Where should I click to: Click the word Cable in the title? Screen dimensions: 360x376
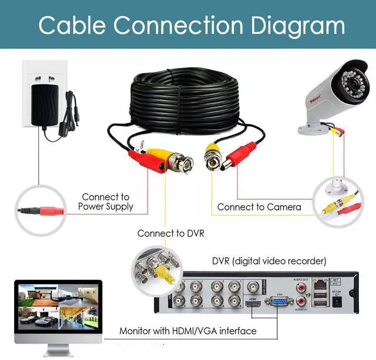click(73, 25)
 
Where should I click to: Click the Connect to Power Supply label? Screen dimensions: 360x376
click(106, 202)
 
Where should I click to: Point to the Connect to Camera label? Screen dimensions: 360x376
click(259, 207)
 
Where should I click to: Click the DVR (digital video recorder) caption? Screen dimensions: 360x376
click(268, 261)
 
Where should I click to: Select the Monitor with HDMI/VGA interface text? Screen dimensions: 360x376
click(188, 331)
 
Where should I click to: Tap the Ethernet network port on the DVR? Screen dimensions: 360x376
click(320, 284)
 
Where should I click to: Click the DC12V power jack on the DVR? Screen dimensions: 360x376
click(338, 301)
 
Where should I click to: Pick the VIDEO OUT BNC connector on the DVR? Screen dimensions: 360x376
click(254, 288)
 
